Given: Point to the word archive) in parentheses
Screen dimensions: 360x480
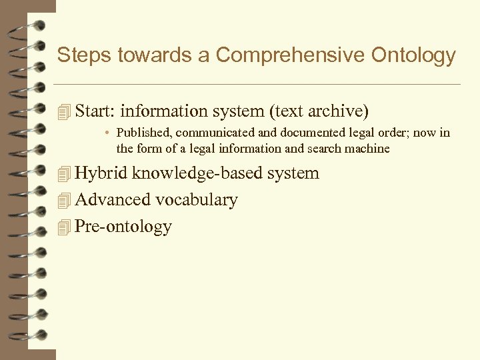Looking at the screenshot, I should [x=342, y=111].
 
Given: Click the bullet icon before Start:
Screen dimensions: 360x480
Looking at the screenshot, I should [x=64, y=111].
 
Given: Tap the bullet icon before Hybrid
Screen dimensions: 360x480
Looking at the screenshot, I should [x=64, y=174].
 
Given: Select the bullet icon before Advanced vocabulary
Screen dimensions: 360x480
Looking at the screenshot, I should [x=64, y=201].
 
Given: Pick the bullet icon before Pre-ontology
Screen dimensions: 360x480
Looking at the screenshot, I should [x=64, y=227].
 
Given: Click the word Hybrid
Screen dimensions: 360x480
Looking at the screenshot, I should [x=101, y=173].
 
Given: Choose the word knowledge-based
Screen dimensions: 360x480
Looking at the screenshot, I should [x=197, y=173].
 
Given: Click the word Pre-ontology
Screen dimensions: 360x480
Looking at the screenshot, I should [x=124, y=227].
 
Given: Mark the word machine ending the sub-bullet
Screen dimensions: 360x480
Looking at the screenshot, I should [x=368, y=148].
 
